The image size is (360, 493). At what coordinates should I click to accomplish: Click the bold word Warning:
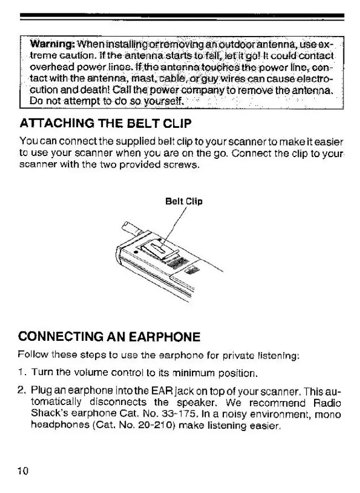pos(52,44)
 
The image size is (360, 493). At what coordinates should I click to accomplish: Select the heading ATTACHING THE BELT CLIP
pos(98,123)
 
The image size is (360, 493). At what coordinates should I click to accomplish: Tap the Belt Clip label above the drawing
pos(184,201)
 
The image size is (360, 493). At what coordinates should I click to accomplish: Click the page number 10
pos(23,471)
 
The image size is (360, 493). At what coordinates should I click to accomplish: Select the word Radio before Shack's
pos(328,402)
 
